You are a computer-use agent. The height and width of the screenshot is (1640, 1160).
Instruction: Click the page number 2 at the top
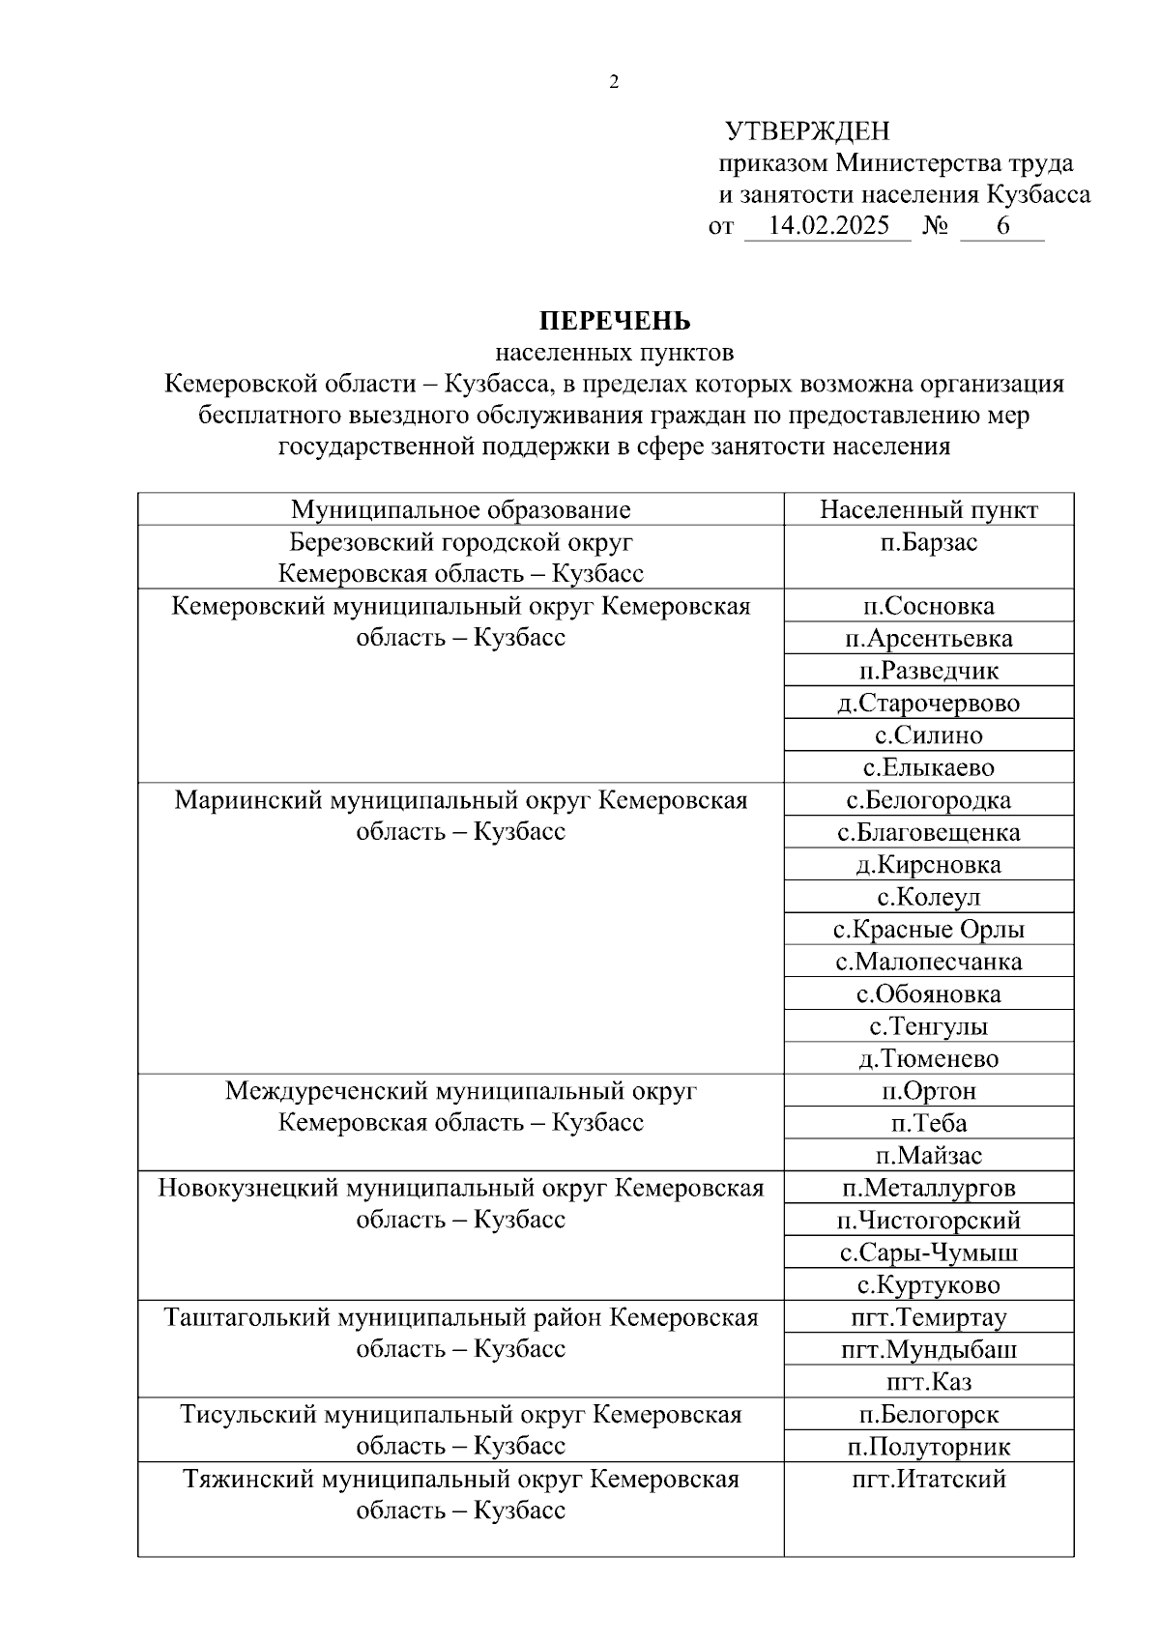click(614, 83)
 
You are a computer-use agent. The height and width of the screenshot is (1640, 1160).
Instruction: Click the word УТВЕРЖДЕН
click(807, 130)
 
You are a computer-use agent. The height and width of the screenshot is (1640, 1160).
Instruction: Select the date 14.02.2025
click(827, 227)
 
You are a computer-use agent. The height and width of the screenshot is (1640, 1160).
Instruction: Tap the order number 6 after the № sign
click(1002, 227)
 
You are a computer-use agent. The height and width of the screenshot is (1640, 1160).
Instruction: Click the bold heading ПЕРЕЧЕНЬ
click(614, 320)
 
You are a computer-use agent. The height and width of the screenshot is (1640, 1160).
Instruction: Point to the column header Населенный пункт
click(928, 509)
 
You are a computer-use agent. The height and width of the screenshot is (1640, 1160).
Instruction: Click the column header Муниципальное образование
click(460, 509)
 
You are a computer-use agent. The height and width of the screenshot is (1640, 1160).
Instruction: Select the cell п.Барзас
click(928, 542)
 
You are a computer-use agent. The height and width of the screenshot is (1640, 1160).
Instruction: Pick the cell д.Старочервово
click(928, 704)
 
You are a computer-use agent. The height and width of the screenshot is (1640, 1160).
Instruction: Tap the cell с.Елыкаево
click(928, 768)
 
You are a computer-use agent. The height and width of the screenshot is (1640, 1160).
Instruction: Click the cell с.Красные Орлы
click(928, 930)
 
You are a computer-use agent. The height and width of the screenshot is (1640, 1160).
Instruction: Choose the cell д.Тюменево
click(928, 1059)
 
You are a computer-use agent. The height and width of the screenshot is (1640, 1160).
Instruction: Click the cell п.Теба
click(928, 1123)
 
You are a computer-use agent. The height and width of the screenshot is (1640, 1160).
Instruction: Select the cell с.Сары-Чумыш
click(928, 1252)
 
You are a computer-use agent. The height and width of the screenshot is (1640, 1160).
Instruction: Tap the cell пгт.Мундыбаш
click(928, 1349)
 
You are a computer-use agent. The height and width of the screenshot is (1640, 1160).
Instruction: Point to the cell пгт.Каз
click(928, 1382)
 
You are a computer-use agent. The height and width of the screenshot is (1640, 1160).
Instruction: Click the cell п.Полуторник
click(928, 1447)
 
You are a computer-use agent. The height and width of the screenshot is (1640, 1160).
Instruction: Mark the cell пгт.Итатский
click(928, 1479)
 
